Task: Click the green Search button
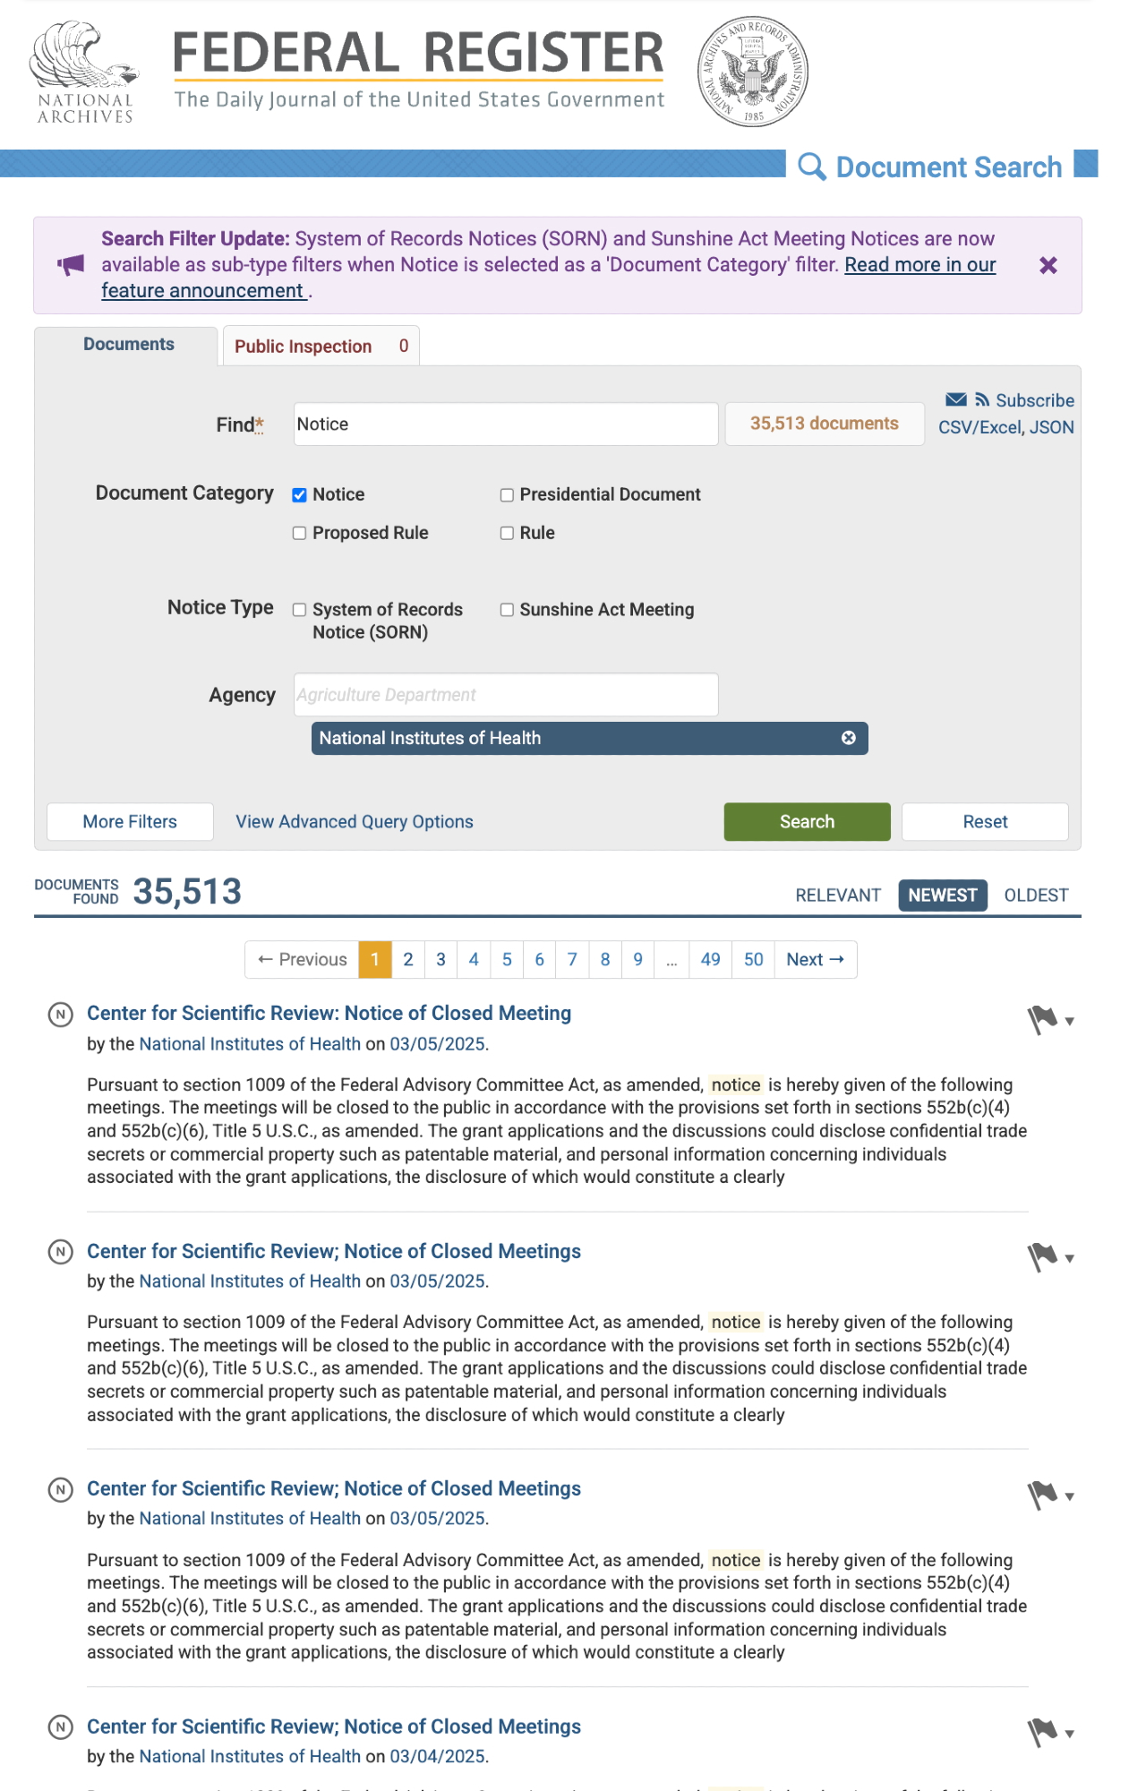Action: (x=807, y=822)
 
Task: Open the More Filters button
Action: (x=130, y=822)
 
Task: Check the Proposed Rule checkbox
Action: (x=300, y=534)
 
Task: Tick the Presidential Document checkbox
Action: (x=507, y=495)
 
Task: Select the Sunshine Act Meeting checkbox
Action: (x=507, y=610)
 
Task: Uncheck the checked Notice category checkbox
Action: (x=300, y=495)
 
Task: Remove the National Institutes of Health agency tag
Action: (x=848, y=738)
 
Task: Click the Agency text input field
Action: (x=506, y=695)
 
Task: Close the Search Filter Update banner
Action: (x=1048, y=265)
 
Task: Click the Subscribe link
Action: (x=1034, y=400)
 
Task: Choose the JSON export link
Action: (x=1051, y=427)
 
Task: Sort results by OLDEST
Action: (x=1036, y=895)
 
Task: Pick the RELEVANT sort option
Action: (x=838, y=895)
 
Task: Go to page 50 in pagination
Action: (x=753, y=960)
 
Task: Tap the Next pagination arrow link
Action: (x=815, y=960)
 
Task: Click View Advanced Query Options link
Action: (x=355, y=822)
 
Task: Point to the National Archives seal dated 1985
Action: (x=753, y=72)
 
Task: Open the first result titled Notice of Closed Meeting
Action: (x=329, y=1014)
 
